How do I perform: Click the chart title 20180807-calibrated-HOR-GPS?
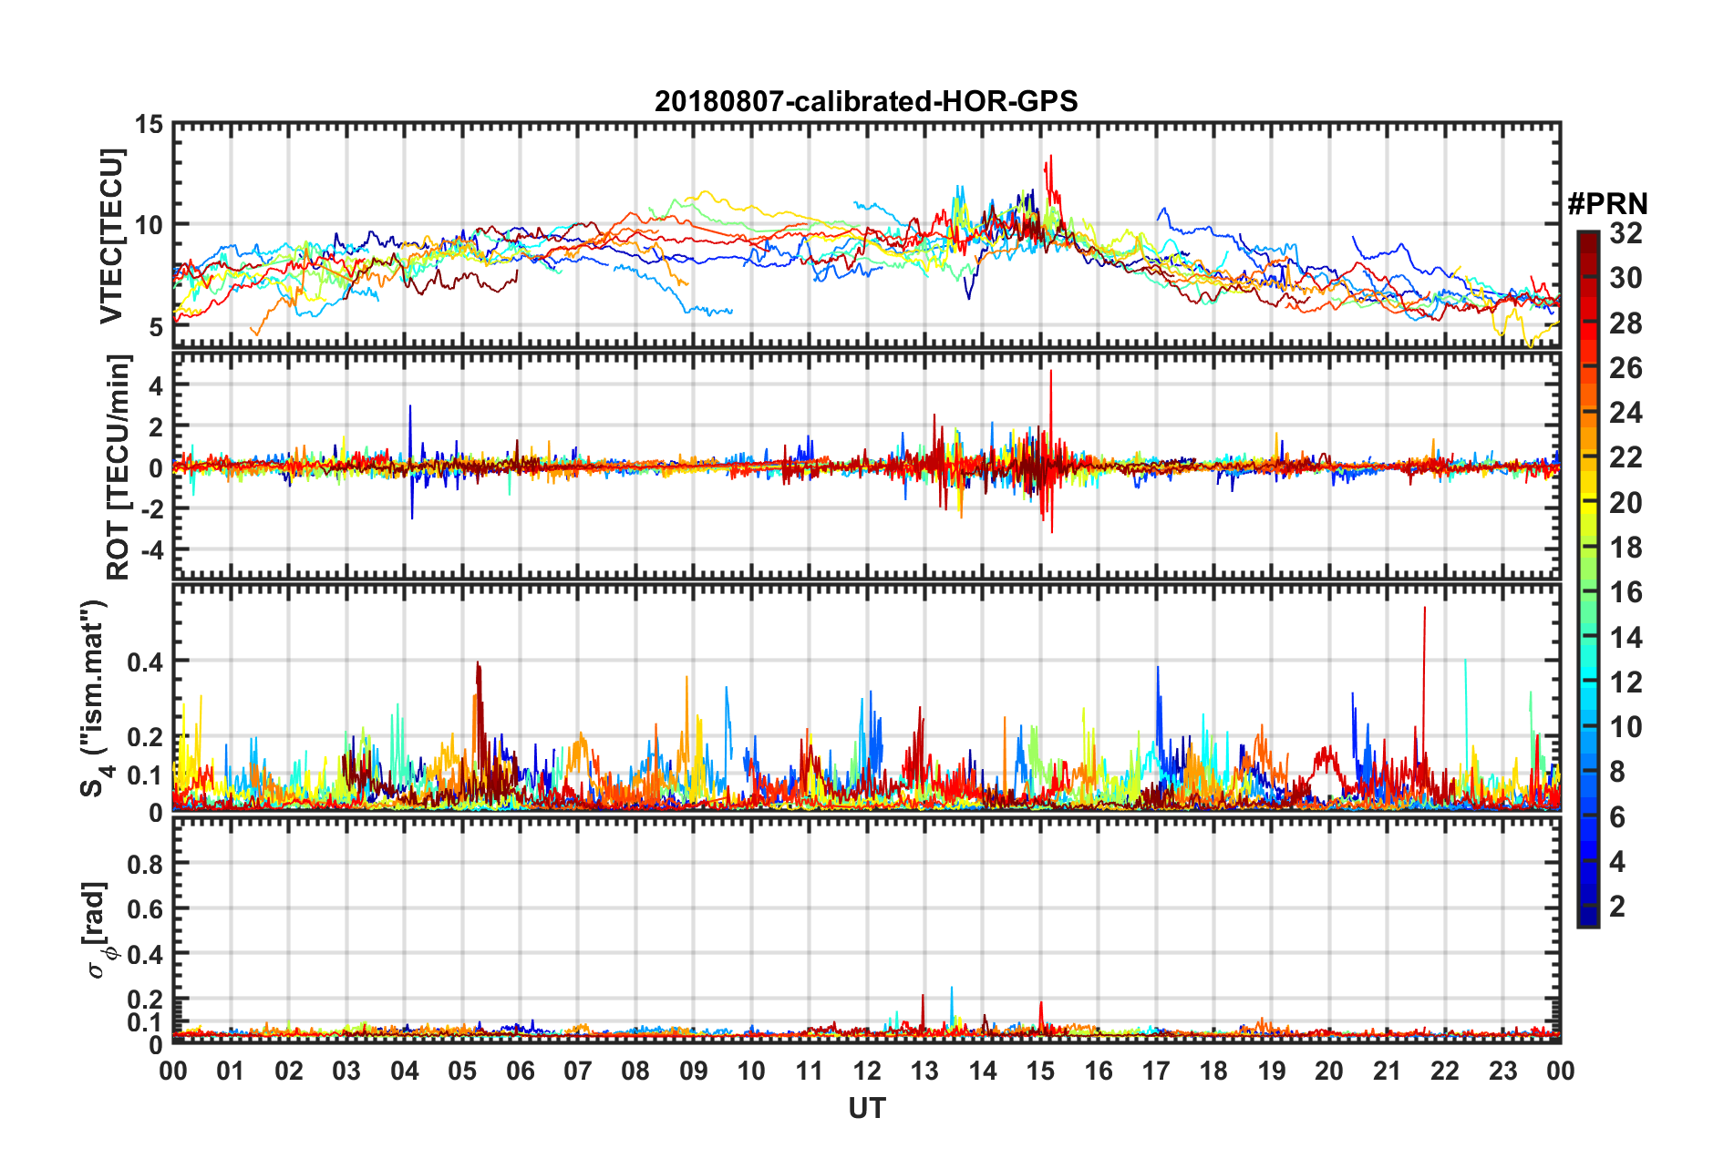(x=866, y=101)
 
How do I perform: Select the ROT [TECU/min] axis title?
(x=119, y=467)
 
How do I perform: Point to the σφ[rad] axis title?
(x=98, y=929)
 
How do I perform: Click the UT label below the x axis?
(x=866, y=1108)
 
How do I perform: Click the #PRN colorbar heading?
(x=1607, y=204)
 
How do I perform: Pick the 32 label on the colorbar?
(x=1626, y=233)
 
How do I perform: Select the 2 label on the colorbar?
(x=1617, y=906)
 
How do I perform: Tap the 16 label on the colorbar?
(x=1626, y=592)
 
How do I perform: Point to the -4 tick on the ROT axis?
(x=150, y=550)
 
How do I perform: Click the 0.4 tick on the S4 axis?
(x=144, y=662)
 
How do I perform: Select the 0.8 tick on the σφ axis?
(x=144, y=864)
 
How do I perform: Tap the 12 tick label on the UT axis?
(x=867, y=1071)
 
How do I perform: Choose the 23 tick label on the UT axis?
(x=1502, y=1071)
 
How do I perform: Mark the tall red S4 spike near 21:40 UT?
(x=1424, y=609)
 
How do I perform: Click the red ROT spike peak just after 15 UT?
(x=1051, y=372)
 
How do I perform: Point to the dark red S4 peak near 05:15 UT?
(x=477, y=664)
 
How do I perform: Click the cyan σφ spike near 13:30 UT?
(x=952, y=988)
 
